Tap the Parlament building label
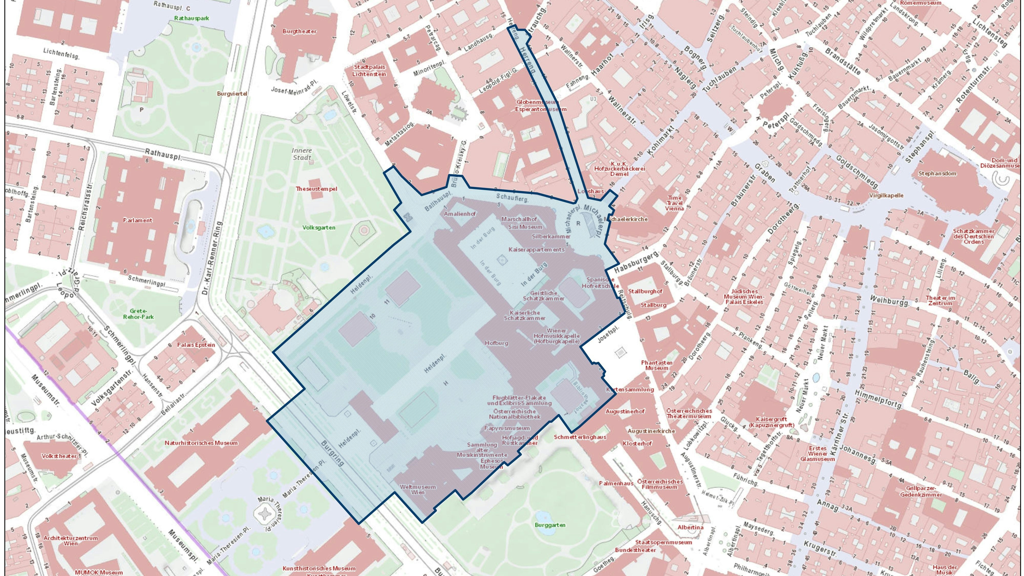(137, 220)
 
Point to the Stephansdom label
(937, 174)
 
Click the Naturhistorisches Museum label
(201, 443)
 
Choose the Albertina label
(690, 528)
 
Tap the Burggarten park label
(550, 525)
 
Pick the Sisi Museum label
(525, 227)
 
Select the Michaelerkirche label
(625, 219)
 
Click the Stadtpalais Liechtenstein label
(369, 71)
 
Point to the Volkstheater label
(59, 456)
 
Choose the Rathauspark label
(191, 18)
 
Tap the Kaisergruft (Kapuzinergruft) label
(771, 422)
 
